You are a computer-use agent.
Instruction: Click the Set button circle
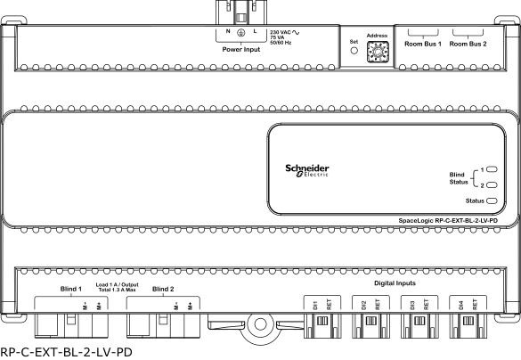[354, 51]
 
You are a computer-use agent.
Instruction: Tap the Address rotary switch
[378, 52]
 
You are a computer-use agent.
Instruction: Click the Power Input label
[241, 50]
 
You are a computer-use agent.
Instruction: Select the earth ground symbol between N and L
[241, 32]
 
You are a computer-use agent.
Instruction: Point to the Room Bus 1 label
[423, 44]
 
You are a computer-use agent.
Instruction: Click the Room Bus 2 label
[468, 44]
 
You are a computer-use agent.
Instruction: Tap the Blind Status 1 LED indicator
[492, 169]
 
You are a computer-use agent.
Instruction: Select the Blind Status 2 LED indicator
[492, 185]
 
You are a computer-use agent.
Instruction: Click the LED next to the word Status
[492, 200]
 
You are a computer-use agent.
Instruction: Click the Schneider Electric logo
[307, 170]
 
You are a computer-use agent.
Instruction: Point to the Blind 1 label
[70, 289]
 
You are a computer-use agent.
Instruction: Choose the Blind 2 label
[163, 289]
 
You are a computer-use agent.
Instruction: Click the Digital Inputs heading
[395, 283]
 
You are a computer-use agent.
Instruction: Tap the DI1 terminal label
[315, 305]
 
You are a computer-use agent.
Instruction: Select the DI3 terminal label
[412, 305]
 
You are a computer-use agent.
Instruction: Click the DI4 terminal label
[461, 305]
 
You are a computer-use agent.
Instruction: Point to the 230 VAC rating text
[281, 32]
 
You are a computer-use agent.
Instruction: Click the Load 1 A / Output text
[117, 284]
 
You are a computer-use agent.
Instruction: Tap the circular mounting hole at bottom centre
[260, 324]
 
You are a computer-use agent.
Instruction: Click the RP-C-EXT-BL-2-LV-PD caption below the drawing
[66, 352]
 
